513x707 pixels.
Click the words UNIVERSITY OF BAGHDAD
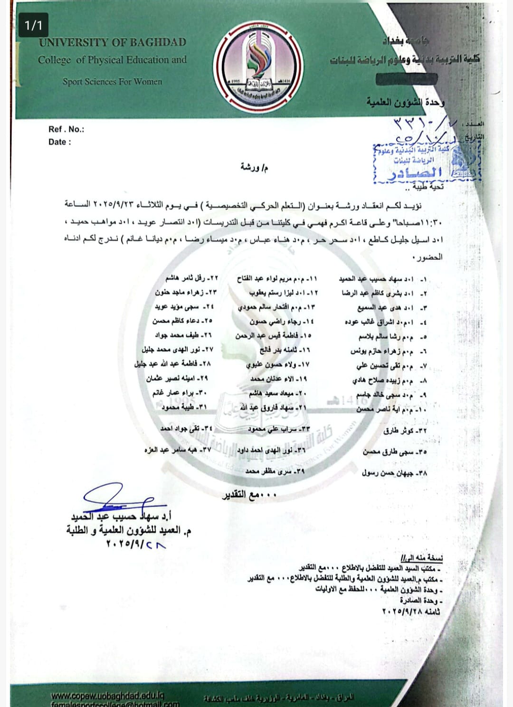coord(113,42)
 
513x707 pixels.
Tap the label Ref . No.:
coord(66,129)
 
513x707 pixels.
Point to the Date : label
coord(60,142)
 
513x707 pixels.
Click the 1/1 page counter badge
coord(33,25)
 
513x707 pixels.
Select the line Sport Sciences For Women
coord(112,81)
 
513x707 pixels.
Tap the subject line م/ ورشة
coord(254,167)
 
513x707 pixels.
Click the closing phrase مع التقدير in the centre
coord(250,495)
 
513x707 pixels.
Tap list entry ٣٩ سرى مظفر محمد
coord(275,471)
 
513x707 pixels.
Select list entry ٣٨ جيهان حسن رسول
coord(395,473)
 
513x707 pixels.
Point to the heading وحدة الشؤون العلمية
coord(406,102)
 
